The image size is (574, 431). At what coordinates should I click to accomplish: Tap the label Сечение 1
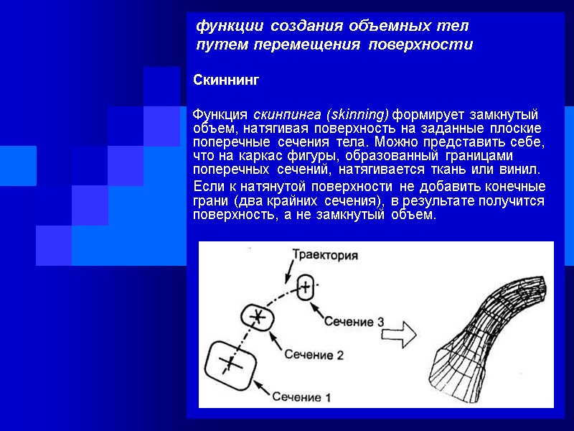pyautogui.click(x=301, y=397)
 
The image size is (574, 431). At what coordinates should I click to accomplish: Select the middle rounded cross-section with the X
pyautogui.click(x=257, y=316)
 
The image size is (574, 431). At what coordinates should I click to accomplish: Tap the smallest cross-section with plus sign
pyautogui.click(x=304, y=287)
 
